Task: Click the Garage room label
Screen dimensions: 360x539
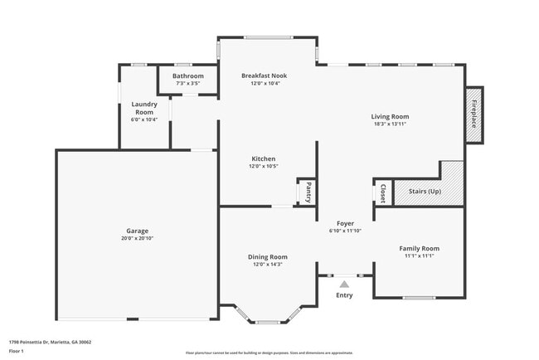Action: tap(137, 230)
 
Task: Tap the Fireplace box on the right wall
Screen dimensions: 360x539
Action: tap(474, 114)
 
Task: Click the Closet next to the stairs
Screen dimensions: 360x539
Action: tap(382, 193)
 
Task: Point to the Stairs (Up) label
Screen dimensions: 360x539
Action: tap(424, 192)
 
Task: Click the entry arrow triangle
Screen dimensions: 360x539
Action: tap(344, 285)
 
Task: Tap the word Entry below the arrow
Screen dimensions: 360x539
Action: tap(344, 295)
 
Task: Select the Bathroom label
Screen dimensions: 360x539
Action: tap(187, 76)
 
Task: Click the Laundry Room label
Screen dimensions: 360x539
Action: tap(144, 108)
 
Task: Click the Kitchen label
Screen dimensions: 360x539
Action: tap(264, 158)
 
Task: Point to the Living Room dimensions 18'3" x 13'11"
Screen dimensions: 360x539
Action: tap(390, 124)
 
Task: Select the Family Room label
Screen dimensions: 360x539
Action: tap(419, 248)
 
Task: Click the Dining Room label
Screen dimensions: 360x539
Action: tap(268, 256)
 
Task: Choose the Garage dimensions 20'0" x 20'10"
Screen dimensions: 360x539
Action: tap(137, 238)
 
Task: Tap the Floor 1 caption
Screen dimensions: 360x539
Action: tap(17, 351)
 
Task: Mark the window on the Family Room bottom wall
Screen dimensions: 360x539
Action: tap(419, 298)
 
